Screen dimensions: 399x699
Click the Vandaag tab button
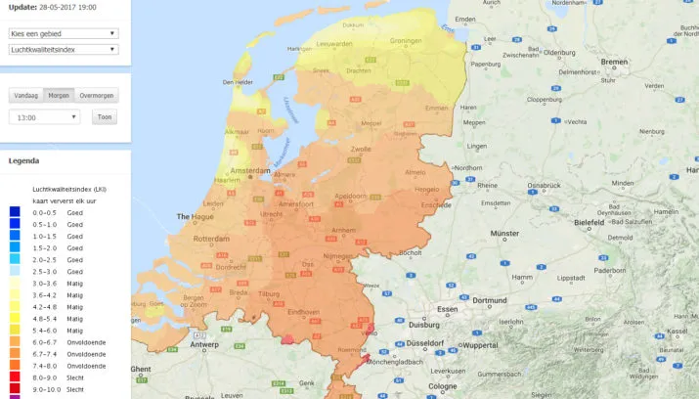(x=26, y=96)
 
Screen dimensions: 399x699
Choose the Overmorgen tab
(x=97, y=96)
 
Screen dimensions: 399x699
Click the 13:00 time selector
(x=45, y=117)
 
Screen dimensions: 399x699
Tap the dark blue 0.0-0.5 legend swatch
(x=15, y=211)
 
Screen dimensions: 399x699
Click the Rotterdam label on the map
(x=210, y=239)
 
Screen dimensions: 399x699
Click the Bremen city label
(x=615, y=62)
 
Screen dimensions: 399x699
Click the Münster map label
(x=504, y=235)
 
